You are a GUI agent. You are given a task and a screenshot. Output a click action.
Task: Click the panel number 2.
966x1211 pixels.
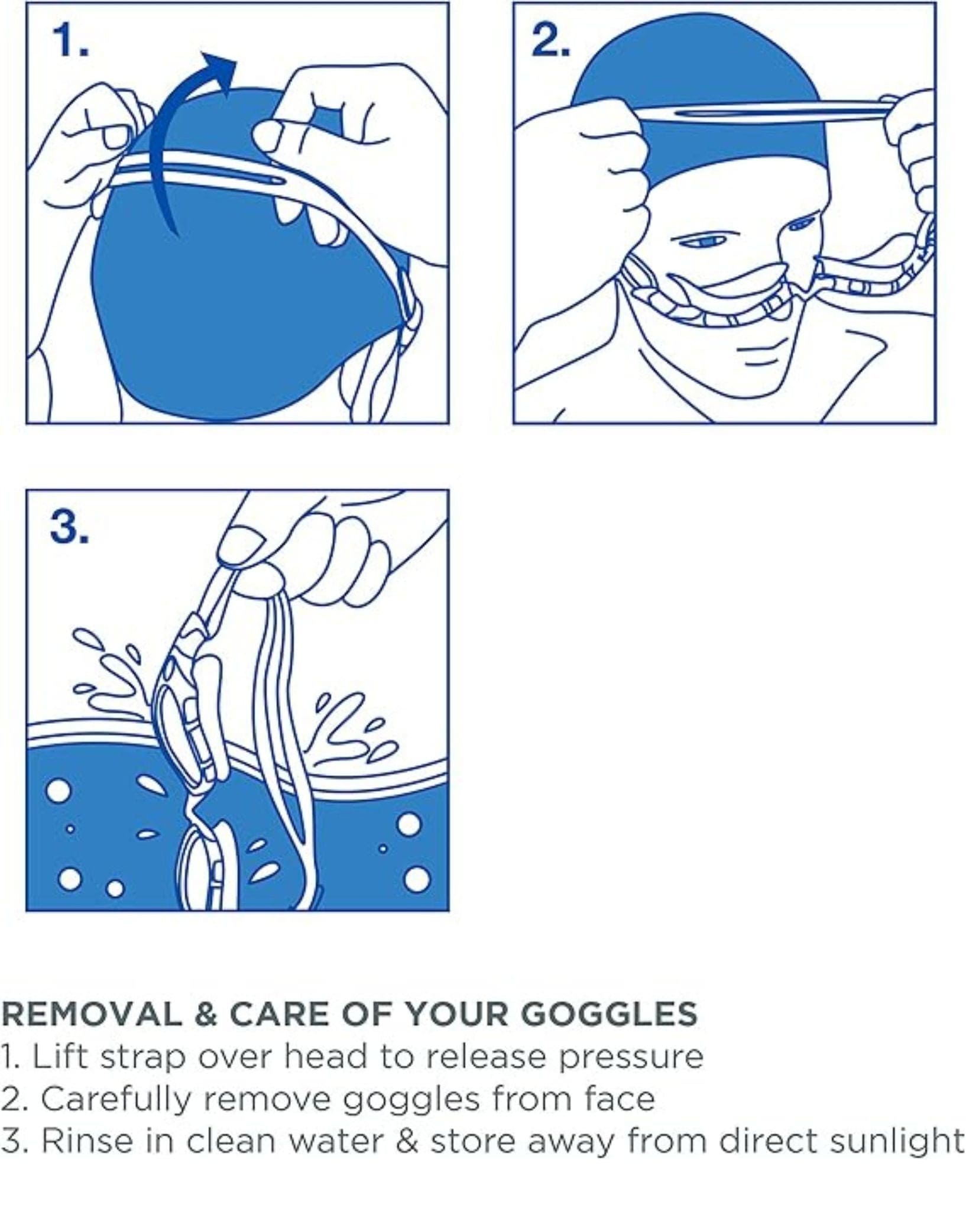coord(550,41)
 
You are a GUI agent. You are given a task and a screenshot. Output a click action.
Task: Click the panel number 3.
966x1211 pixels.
coord(70,527)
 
